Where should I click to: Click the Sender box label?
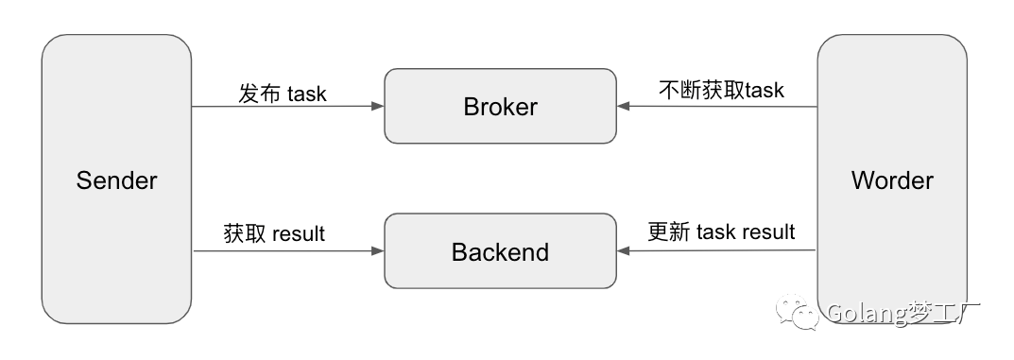point(116,180)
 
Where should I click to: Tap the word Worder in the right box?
point(891,180)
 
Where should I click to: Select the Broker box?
point(500,107)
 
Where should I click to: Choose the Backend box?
point(500,252)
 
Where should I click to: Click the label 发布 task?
point(282,94)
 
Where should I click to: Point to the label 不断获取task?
point(721,91)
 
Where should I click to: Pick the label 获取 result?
point(274,233)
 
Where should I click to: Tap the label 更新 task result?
point(721,231)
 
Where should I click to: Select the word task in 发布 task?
point(306,94)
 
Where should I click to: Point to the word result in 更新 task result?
point(768,232)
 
